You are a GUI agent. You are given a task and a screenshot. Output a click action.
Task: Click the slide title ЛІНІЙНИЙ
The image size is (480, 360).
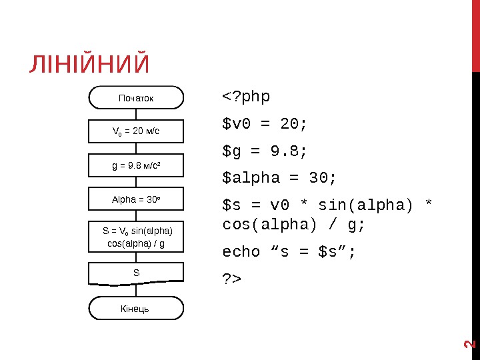click(89, 65)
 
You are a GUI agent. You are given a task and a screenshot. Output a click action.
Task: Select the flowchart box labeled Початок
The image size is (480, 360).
click(136, 97)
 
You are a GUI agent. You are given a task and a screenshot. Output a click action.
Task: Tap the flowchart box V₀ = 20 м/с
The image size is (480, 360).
click(136, 131)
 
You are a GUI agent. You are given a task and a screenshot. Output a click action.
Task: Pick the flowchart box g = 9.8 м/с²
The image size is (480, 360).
click(136, 165)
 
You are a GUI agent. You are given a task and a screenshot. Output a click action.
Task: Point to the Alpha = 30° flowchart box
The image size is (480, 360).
click(136, 199)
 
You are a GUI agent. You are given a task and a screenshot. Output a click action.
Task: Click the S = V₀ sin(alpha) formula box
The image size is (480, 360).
click(136, 237)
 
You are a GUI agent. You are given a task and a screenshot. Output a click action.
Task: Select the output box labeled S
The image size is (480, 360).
click(136, 273)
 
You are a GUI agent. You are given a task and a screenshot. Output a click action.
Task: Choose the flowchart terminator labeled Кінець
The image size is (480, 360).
click(136, 309)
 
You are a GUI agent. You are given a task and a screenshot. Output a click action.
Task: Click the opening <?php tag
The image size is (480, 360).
click(246, 97)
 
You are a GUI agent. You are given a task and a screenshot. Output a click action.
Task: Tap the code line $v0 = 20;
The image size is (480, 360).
click(265, 125)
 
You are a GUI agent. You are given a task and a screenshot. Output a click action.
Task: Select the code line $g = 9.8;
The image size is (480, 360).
click(265, 152)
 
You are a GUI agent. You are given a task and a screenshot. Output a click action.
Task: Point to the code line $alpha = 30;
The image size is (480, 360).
click(279, 179)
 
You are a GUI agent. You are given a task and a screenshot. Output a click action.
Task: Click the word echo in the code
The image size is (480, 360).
click(241, 251)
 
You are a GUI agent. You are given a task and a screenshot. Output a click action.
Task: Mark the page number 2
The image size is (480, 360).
click(469, 344)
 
